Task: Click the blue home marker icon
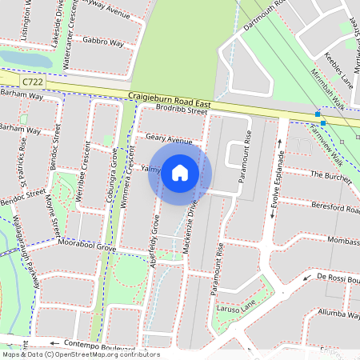point(180,172)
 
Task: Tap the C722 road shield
point(33,82)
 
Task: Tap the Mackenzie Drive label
point(190,226)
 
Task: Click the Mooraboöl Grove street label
point(85,248)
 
